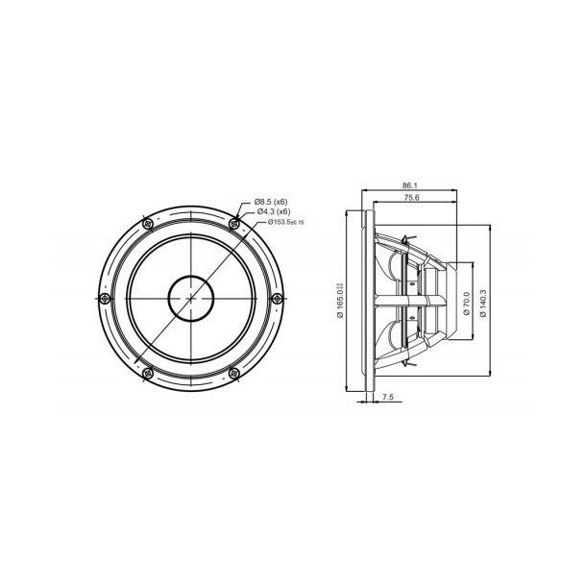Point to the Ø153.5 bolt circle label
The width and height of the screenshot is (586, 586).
tap(280, 222)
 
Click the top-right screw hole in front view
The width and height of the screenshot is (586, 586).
tap(236, 223)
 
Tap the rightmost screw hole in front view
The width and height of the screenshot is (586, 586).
tap(280, 297)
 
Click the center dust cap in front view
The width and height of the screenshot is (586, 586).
tap(192, 298)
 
